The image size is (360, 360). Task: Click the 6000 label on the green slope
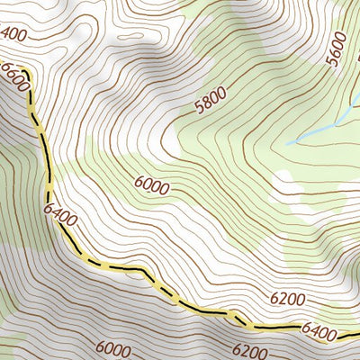(151, 186)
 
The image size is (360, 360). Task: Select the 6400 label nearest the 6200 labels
(319, 332)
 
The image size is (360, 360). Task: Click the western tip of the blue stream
(287, 143)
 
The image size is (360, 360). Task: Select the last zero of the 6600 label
(24, 89)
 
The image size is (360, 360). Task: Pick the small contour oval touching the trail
(237, 316)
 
